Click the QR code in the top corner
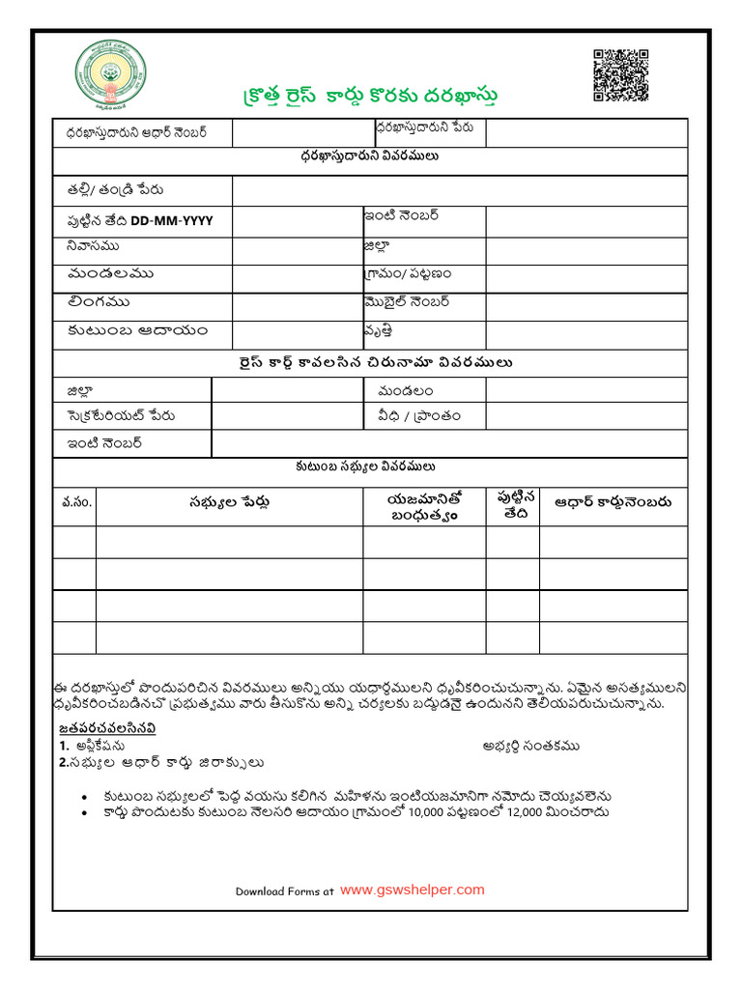[x=619, y=75]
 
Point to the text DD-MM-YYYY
[x=172, y=221]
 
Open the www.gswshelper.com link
[x=413, y=890]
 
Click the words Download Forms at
[x=285, y=891]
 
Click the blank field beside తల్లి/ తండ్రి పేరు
[x=459, y=191]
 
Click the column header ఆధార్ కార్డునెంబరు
[x=613, y=502]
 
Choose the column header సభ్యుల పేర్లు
[x=229, y=502]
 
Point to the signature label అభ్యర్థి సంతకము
[x=531, y=747]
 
